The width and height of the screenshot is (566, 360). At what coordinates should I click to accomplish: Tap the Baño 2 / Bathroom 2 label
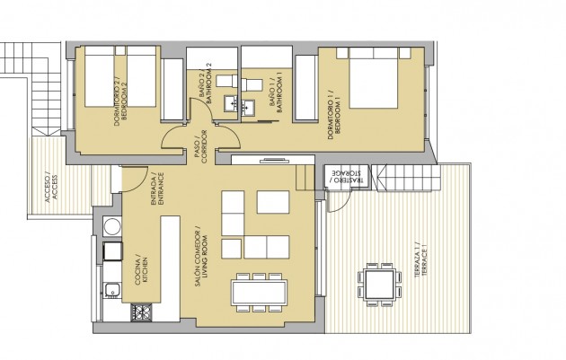click(205, 85)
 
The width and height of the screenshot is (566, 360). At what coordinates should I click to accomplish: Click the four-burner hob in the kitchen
click(142, 312)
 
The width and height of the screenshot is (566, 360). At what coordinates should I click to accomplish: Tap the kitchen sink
click(113, 289)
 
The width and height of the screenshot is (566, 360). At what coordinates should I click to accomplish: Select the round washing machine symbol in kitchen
click(113, 225)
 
